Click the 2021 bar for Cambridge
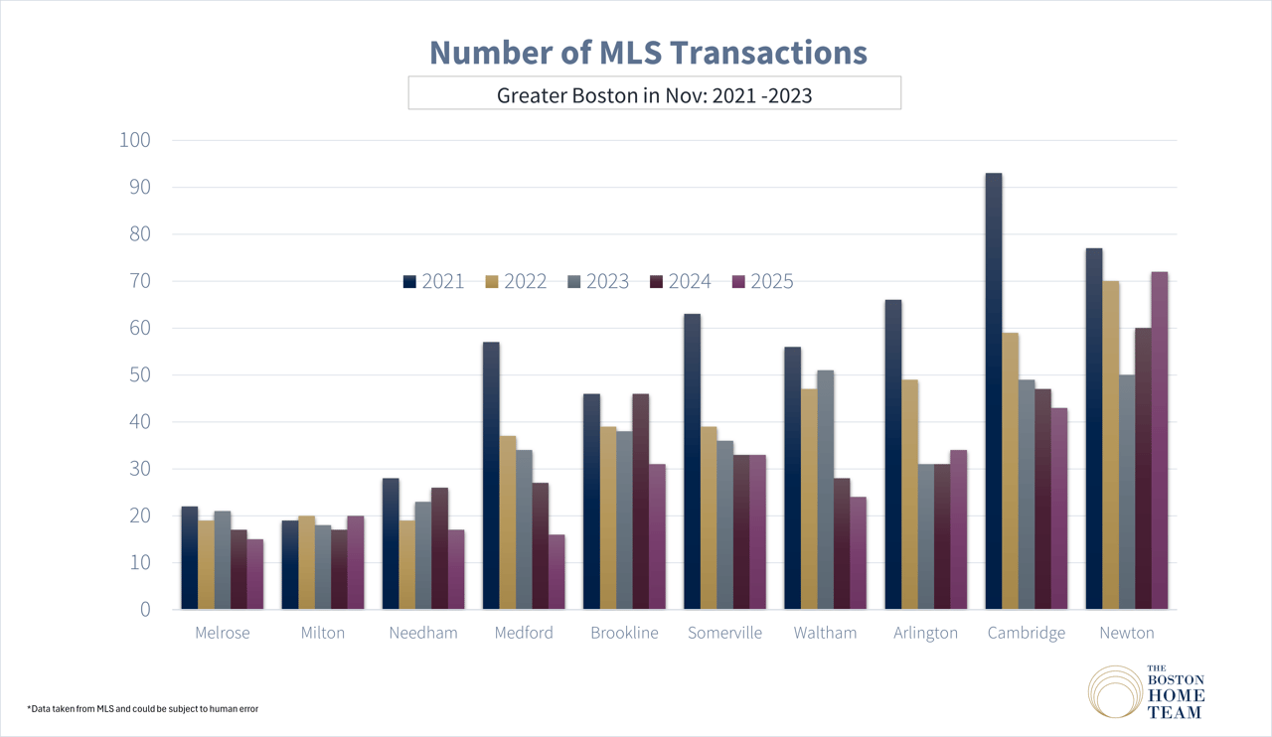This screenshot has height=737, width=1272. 994,391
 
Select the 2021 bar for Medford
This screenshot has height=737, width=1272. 491,476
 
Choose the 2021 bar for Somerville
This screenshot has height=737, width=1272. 692,462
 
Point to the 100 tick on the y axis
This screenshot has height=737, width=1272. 133,140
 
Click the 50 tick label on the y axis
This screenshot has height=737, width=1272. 137,374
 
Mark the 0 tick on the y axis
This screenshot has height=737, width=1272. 143,609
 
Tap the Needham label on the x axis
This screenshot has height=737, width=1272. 423,633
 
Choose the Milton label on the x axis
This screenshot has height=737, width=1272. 323,633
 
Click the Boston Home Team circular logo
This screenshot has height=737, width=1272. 1116,692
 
